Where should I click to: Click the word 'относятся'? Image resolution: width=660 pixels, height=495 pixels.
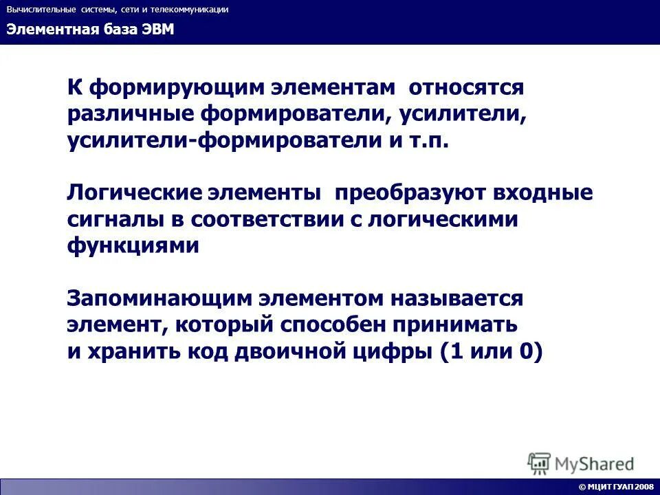465,88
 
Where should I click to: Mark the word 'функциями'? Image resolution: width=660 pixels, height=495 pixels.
133,245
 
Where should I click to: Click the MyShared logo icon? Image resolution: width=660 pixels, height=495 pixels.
539,463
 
